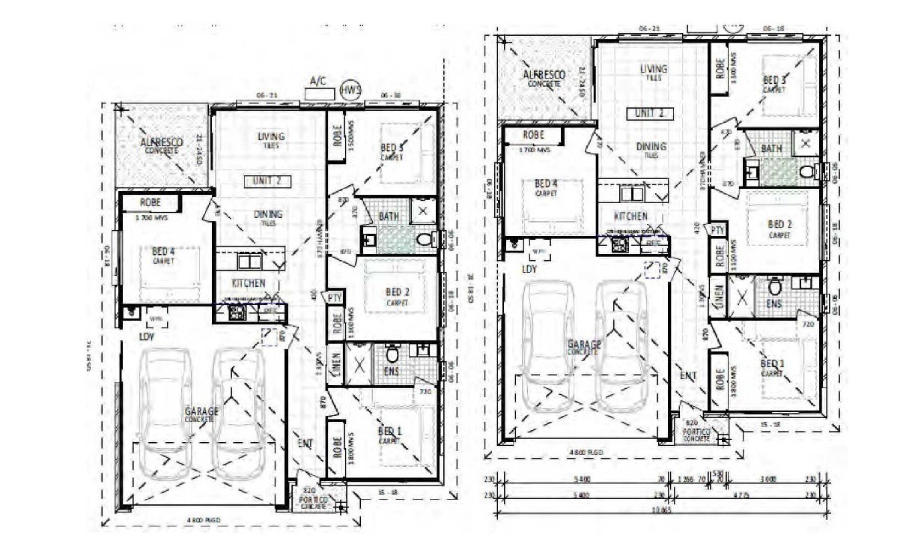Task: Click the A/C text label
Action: (318, 81)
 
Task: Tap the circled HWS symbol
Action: (350, 90)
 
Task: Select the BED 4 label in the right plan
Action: (546, 184)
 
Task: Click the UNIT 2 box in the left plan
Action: (267, 181)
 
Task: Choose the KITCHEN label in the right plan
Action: (631, 216)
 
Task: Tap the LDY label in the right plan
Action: (529, 268)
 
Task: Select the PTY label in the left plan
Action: (335, 297)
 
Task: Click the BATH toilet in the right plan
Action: (806, 172)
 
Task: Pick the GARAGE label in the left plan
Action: (202, 412)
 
